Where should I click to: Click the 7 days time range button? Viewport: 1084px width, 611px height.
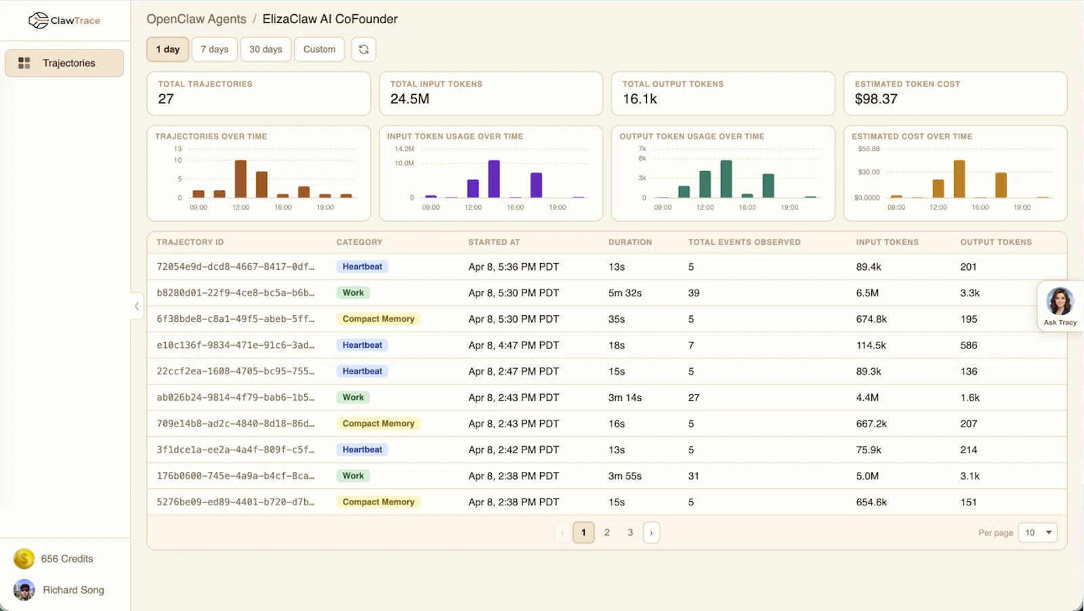click(214, 50)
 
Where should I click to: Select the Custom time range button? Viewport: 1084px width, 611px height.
click(319, 50)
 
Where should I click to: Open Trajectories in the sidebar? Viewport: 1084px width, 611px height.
click(64, 63)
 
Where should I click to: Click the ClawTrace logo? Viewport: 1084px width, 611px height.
click(64, 20)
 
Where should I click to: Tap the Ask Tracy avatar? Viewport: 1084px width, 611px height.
click(1060, 301)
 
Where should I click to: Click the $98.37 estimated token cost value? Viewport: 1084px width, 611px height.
click(876, 99)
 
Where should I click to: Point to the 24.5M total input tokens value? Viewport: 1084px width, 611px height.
click(409, 99)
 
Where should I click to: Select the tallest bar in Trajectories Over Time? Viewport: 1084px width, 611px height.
click(241, 179)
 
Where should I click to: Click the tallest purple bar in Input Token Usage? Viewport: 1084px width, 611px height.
click(494, 179)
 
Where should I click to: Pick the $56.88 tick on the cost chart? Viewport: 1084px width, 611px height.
click(869, 149)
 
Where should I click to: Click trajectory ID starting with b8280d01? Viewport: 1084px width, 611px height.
click(235, 293)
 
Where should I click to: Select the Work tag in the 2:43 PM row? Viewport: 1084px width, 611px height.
click(353, 397)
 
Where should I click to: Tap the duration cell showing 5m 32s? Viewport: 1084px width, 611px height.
click(625, 293)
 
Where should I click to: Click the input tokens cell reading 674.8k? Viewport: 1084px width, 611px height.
click(871, 319)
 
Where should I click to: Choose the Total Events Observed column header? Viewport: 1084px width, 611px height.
click(745, 242)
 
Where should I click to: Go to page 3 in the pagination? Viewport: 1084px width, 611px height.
click(630, 532)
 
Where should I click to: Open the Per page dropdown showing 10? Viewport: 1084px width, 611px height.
click(1037, 532)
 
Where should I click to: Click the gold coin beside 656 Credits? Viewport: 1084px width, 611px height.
click(24, 559)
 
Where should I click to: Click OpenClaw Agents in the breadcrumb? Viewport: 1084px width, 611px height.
click(196, 19)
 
